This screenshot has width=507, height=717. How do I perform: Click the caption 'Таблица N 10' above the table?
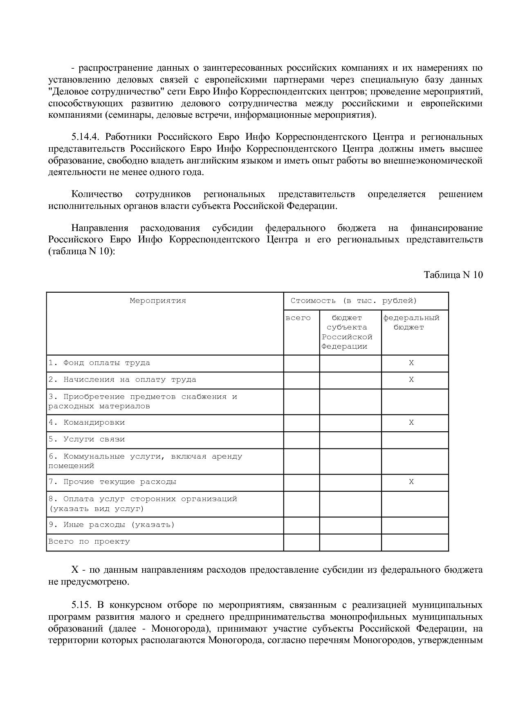tap(453, 275)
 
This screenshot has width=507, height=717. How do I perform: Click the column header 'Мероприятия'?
tap(158, 301)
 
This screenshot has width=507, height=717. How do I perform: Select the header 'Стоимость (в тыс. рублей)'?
tap(354, 301)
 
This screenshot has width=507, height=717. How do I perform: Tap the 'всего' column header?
tap(298, 318)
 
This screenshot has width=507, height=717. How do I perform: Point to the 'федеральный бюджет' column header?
tap(411, 323)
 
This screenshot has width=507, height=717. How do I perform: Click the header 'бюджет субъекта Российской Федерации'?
tap(347, 332)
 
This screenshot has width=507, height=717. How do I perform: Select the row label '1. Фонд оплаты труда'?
tap(99, 363)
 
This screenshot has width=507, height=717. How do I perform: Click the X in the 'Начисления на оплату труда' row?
tap(411, 380)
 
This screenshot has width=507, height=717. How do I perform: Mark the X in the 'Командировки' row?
tap(411, 423)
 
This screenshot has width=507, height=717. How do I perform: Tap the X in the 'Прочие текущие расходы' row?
tap(411, 482)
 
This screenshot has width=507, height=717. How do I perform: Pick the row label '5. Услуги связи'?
tap(87, 439)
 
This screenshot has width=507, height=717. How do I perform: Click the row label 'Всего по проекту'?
tap(89, 542)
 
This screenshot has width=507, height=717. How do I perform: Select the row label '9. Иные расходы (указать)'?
tap(112, 525)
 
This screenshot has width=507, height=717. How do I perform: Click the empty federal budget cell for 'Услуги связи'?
tap(415, 440)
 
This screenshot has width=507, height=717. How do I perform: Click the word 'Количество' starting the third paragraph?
tap(97, 194)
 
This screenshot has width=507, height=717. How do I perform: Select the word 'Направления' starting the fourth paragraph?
tap(100, 228)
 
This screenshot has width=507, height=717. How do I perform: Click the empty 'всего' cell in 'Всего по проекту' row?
tap(301, 542)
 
